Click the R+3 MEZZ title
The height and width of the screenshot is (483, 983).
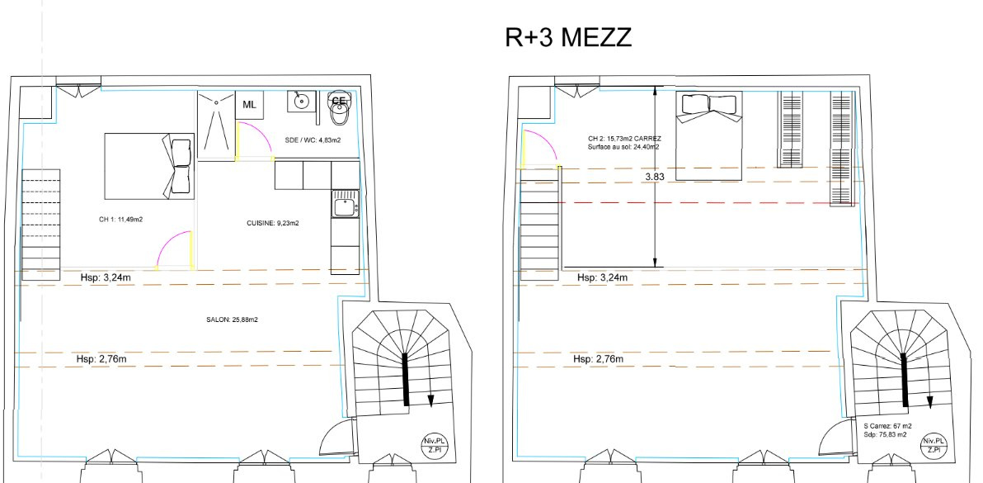click(x=568, y=38)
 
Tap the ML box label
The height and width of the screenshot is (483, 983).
click(x=250, y=105)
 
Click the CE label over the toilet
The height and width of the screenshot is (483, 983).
click(x=339, y=101)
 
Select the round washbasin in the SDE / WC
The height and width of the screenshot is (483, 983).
click(x=302, y=101)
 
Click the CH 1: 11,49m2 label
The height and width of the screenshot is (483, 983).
click(x=121, y=220)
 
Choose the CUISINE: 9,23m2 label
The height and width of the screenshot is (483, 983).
click(x=273, y=223)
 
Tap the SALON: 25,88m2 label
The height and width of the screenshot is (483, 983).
click(x=232, y=320)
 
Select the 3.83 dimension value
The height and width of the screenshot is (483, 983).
click(x=655, y=177)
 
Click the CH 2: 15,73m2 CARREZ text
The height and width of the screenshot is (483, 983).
click(x=624, y=139)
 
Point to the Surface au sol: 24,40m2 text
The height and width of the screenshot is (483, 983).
click(x=623, y=147)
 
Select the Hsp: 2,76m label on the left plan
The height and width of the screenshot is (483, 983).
click(x=97, y=359)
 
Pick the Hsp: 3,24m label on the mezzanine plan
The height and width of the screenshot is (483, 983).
click(x=603, y=277)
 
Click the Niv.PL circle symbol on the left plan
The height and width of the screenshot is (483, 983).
click(x=435, y=446)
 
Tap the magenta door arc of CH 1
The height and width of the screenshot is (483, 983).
click(x=171, y=246)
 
